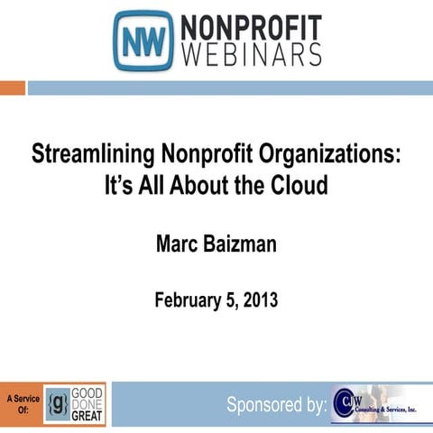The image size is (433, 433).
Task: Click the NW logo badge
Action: [x=143, y=41]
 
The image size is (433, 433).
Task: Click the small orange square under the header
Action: [x=12, y=88]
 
